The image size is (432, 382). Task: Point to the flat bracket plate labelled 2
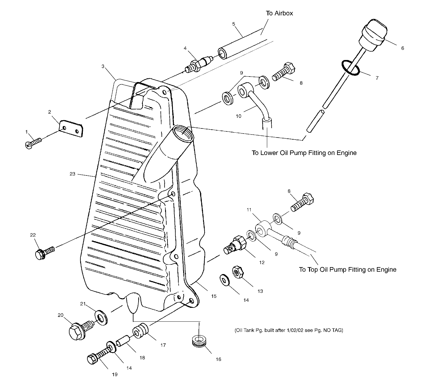(x=71, y=129)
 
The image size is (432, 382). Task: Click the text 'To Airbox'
(x=279, y=13)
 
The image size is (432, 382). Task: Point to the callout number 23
(x=72, y=174)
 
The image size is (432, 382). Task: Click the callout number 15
(x=214, y=296)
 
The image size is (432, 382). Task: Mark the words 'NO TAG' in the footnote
(x=333, y=330)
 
